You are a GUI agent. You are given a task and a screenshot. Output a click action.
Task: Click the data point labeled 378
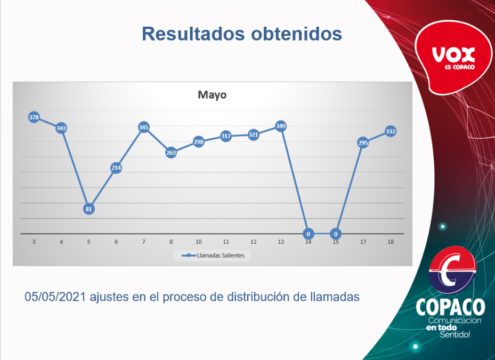(34, 117)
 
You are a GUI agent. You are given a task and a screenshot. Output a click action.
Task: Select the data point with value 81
(89, 209)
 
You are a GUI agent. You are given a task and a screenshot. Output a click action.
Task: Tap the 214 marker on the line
(116, 167)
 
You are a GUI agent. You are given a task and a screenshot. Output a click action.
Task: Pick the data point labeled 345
(143, 127)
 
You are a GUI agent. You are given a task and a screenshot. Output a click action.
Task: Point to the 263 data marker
(171, 153)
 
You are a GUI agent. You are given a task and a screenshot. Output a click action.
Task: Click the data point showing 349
(281, 126)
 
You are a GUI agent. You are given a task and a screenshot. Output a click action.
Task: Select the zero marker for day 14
(308, 234)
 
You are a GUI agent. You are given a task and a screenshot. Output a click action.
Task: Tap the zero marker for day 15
(335, 234)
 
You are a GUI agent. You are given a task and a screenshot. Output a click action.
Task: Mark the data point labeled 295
(363, 142)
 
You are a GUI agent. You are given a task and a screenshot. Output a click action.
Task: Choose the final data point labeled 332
(390, 131)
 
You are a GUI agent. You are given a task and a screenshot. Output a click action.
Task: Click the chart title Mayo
(212, 95)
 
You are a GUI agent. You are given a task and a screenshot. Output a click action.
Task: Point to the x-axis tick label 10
(198, 242)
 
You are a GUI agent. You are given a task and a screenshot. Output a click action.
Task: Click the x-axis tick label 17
(363, 242)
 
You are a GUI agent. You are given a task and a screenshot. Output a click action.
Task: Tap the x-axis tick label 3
(34, 242)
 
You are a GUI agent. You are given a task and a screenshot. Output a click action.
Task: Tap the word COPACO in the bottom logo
(450, 307)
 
